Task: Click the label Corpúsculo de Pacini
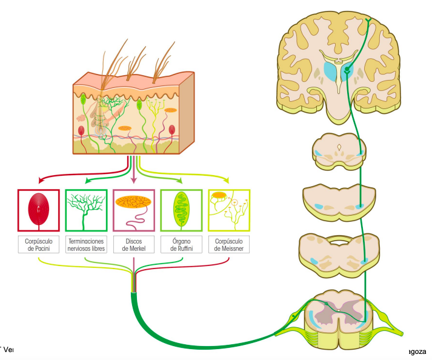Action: coord(38,244)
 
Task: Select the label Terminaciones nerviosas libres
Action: coord(85,244)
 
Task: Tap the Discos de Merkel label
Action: coord(133,244)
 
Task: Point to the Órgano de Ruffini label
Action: coord(181,244)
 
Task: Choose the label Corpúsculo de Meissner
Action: coord(228,244)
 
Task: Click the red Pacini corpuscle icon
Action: coord(38,210)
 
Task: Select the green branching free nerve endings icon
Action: coord(85,210)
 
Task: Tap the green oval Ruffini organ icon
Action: coord(181,210)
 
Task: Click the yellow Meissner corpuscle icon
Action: coord(228,210)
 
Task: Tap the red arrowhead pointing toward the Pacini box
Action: coord(41,180)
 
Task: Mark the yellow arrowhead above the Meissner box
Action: coord(227,180)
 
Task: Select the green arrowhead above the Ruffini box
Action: coord(179,180)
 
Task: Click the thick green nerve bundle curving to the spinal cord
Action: coord(182,340)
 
